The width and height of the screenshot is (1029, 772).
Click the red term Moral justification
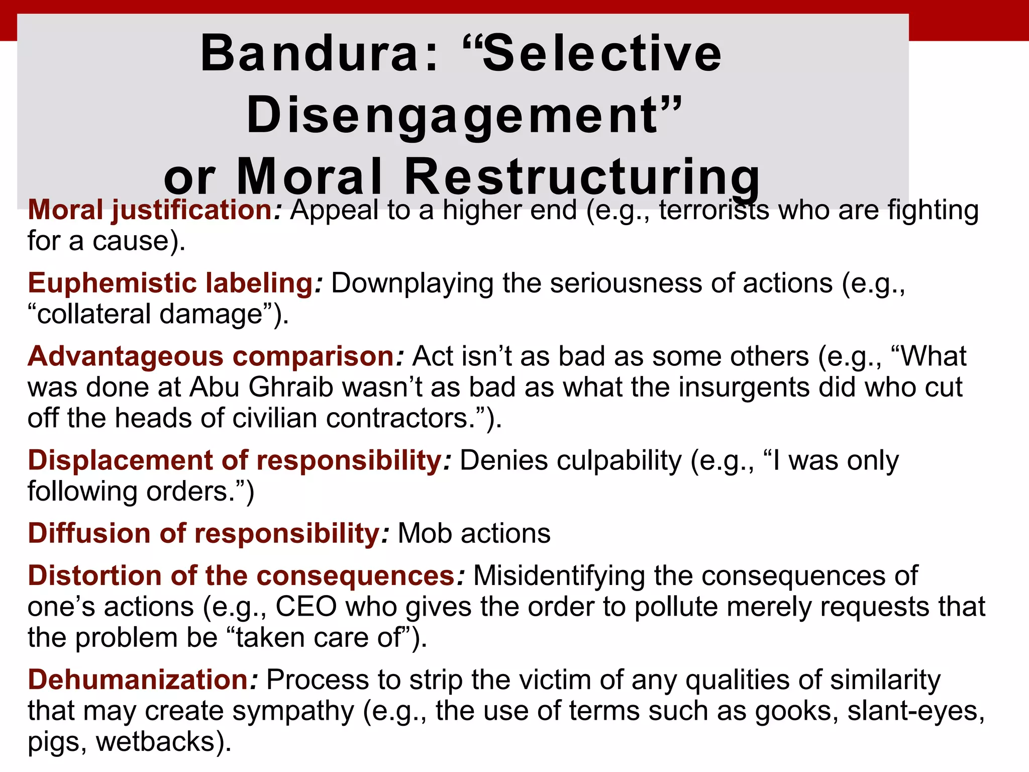(150, 210)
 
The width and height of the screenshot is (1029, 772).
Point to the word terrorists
(714, 210)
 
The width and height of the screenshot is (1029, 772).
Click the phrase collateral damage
(151, 315)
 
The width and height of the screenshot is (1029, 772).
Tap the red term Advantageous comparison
(211, 356)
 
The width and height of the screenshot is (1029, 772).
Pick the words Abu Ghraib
(261, 388)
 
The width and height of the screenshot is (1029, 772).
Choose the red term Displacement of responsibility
(234, 460)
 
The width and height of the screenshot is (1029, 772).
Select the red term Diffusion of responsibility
(203, 533)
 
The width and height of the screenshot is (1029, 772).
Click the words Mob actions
(474, 533)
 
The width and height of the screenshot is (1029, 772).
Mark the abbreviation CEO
(306, 607)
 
